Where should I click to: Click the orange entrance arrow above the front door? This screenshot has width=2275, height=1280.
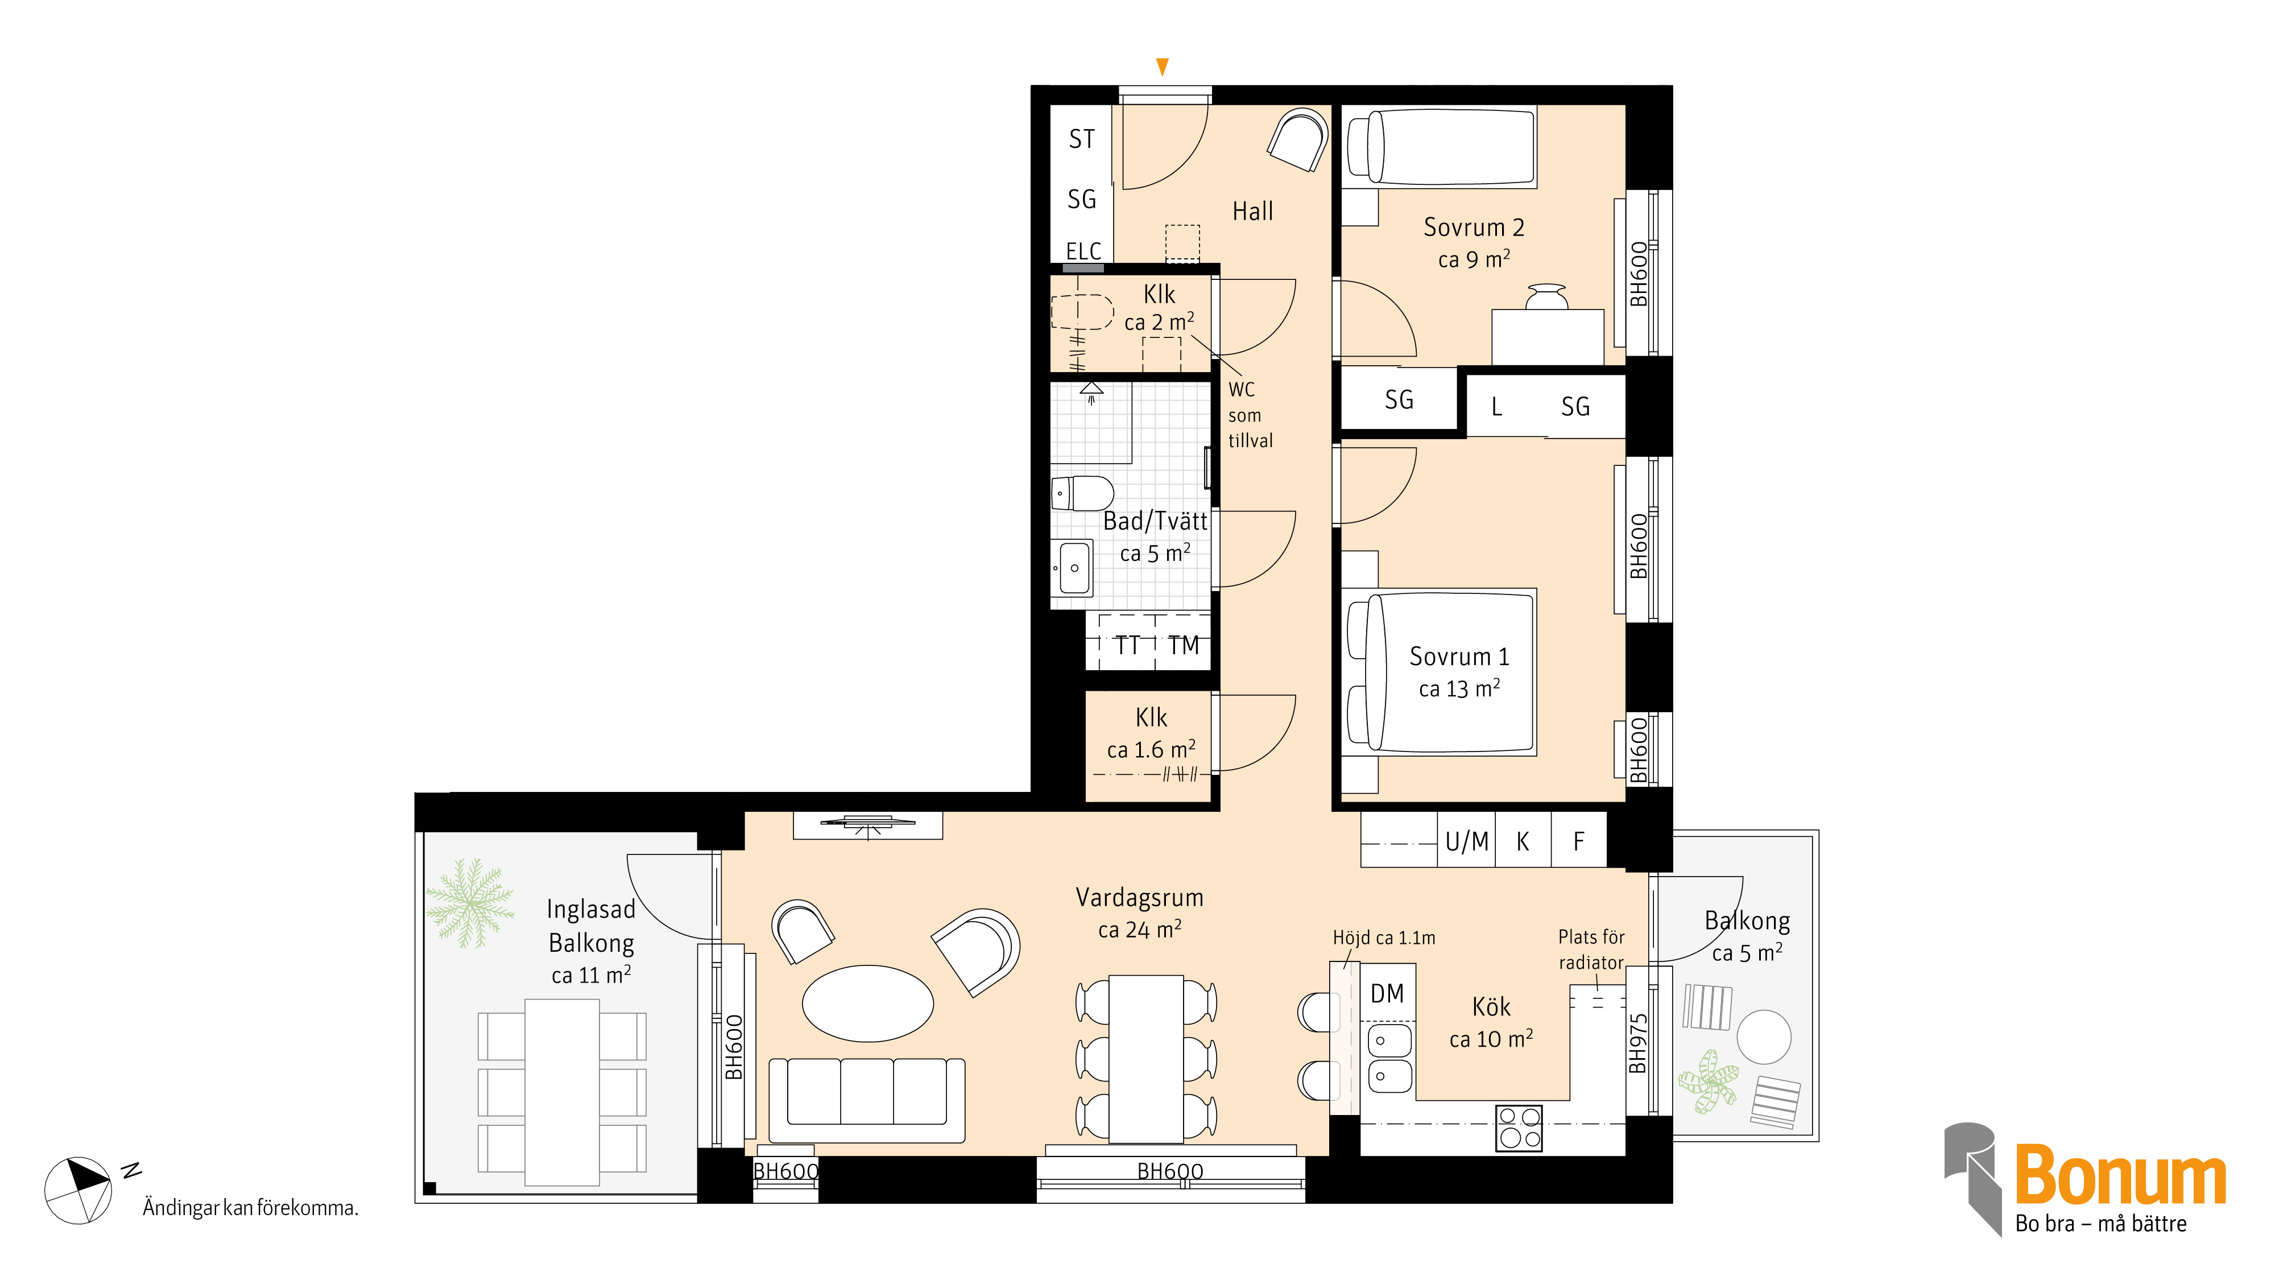(1162, 66)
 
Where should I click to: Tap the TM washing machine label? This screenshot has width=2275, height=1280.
(1184, 646)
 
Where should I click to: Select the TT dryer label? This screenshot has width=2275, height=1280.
(1128, 646)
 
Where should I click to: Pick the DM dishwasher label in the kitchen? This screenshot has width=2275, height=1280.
(1387, 994)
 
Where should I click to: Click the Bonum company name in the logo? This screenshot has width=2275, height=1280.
(2120, 1176)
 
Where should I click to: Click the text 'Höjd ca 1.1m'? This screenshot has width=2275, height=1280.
(1384, 938)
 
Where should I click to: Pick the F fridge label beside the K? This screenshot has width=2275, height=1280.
(1579, 842)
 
